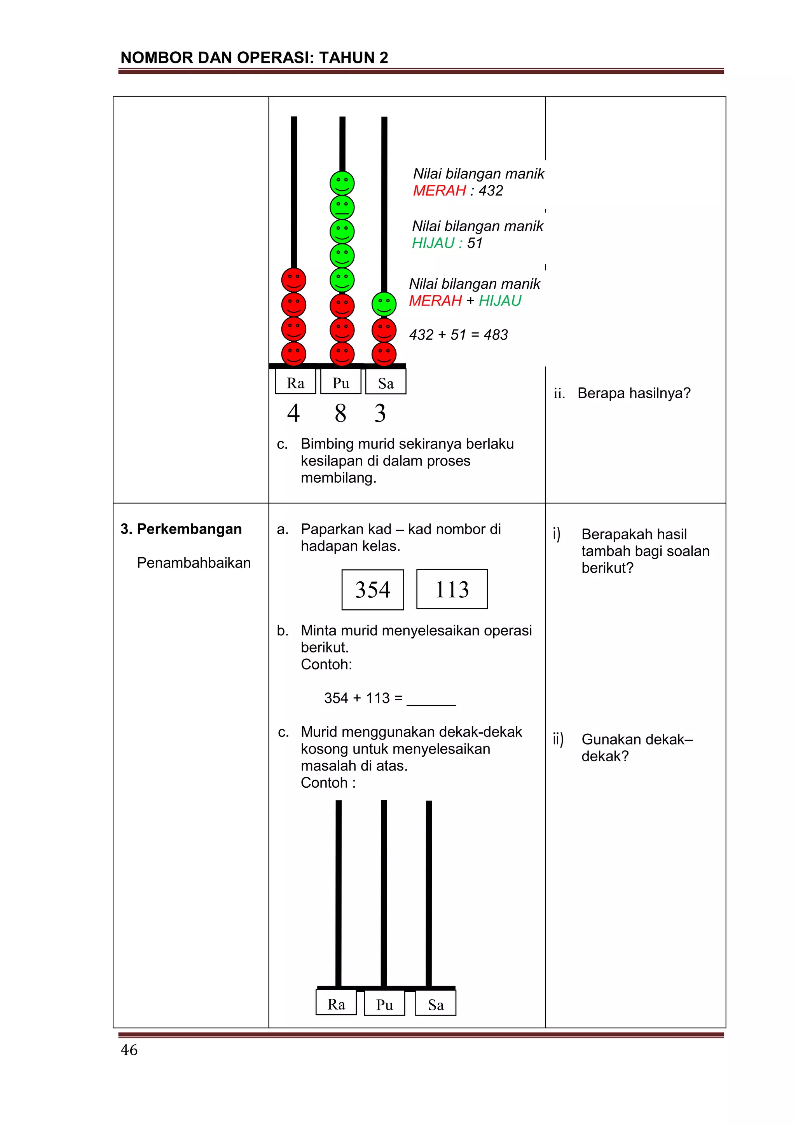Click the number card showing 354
pos(372,590)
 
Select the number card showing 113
pos(452,589)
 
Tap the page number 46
pos(129,1050)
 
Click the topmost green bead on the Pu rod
pos(342,183)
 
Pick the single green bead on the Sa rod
pos(384,304)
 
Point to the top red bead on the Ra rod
pos(293,280)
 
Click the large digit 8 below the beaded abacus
pos(340,413)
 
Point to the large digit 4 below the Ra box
pos(293,413)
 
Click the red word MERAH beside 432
pos(439,190)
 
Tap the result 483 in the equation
pos(496,335)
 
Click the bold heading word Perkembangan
pos(189,529)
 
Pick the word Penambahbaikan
pos(194,563)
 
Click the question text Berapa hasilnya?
pos(634,393)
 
